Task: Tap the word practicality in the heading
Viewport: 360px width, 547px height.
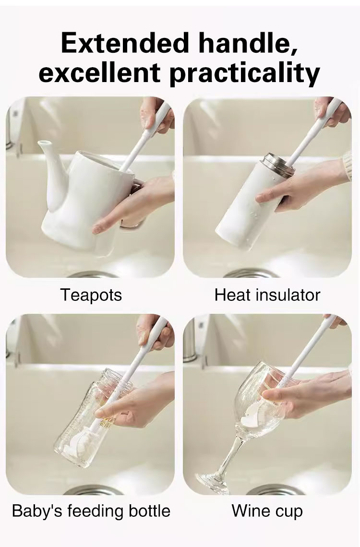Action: pyautogui.click(x=244, y=73)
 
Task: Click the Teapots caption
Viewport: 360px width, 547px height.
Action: pyautogui.click(x=91, y=295)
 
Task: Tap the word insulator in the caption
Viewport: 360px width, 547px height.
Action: pyautogui.click(x=288, y=295)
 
